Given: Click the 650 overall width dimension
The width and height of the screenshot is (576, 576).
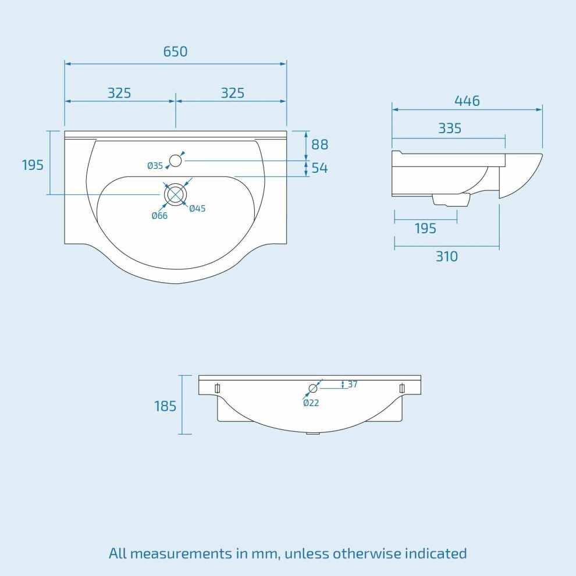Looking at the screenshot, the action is point(175,51).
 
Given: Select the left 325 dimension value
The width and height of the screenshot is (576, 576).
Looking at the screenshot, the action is point(119,93).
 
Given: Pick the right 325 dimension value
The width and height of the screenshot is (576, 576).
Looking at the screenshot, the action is point(233,93).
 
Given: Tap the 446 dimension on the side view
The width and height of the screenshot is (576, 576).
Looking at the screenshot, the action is point(467,101).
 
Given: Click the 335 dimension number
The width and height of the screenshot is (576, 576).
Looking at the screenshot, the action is point(450,128).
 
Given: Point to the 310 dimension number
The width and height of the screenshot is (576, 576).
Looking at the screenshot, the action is point(447,257).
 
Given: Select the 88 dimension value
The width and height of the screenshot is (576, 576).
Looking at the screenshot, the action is point(319,144).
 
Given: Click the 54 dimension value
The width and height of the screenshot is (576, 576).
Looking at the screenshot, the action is point(319,168).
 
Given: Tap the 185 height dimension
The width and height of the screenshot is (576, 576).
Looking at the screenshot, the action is point(165,406).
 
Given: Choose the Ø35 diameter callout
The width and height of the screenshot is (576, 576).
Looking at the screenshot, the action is point(155,166).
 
